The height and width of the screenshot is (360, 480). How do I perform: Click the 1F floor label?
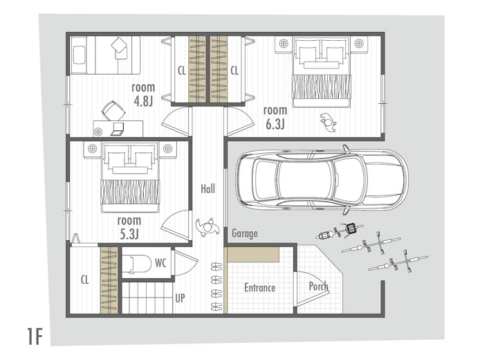coord(35,336)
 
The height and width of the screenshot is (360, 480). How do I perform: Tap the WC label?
coord(160,263)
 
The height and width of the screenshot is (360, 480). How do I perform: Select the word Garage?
coord(245,233)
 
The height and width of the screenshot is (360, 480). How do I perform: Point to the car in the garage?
coord(322,180)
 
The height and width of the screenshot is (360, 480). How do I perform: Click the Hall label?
coord(208,189)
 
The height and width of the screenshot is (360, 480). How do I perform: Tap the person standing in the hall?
coord(208,227)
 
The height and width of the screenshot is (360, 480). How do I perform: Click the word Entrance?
coord(259,288)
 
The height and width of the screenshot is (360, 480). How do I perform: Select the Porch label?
coord(318,286)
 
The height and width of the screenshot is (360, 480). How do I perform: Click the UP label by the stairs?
coord(180,298)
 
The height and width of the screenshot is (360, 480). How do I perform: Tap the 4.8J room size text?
coord(143,101)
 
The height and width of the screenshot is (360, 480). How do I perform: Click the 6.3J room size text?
coord(275,124)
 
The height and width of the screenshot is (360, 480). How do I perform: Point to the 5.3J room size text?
coord(129,235)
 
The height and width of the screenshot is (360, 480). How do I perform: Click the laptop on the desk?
coord(118,129)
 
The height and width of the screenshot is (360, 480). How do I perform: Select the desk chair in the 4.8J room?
coord(113,111)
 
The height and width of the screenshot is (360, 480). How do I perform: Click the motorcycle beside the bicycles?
coord(340,232)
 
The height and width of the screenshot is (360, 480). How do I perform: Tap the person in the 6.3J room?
coord(328,123)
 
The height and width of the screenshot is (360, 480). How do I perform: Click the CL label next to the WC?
coord(85,280)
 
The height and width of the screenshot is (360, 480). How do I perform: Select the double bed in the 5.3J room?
coord(130,178)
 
